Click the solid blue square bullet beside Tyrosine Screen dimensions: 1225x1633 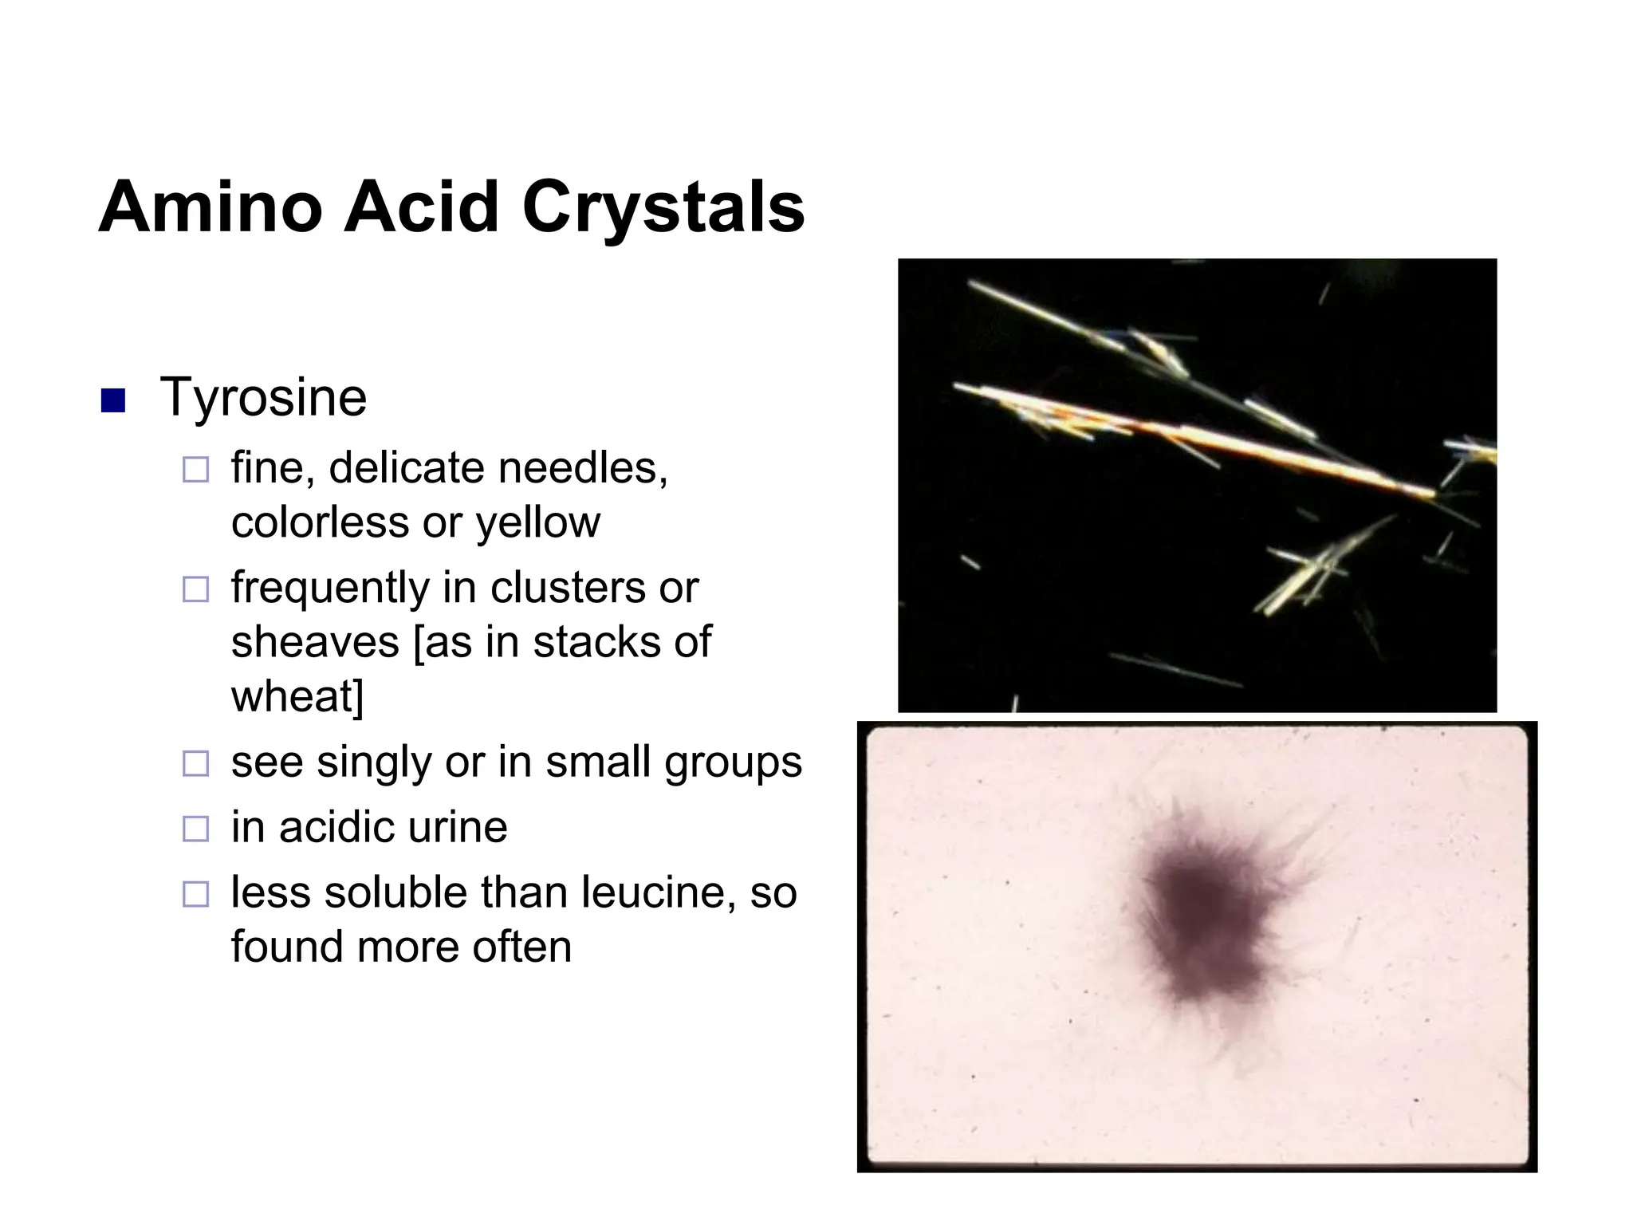113,400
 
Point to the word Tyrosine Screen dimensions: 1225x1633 263,397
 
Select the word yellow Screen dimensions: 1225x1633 538,523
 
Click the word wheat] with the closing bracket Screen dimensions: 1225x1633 297,696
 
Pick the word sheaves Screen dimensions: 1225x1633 315,642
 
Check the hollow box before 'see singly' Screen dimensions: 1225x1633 195,764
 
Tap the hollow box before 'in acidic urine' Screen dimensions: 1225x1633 195,829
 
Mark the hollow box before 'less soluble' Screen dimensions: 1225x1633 195,894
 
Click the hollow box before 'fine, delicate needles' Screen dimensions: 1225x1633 195,470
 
